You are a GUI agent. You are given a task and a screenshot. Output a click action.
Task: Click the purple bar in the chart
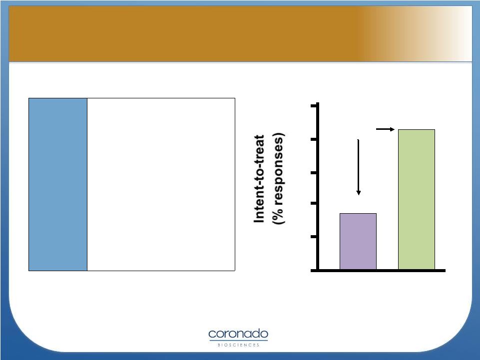(x=358, y=241)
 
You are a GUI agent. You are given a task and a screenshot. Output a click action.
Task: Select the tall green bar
(x=417, y=199)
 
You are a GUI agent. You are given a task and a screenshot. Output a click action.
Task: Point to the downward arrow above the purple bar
(x=358, y=167)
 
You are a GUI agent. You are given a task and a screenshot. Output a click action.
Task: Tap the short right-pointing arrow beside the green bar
(x=385, y=129)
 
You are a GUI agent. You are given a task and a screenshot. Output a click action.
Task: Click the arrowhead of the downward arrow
(x=358, y=193)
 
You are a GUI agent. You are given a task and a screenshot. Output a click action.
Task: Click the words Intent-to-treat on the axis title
(x=259, y=179)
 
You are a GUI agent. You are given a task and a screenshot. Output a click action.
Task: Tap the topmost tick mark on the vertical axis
(x=314, y=106)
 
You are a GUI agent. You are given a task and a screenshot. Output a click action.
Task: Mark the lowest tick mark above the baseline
(x=314, y=237)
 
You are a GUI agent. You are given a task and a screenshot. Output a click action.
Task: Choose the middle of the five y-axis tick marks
(x=314, y=173)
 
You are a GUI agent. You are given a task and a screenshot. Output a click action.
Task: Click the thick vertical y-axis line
(x=318, y=187)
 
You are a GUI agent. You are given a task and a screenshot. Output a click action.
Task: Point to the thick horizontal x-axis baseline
(x=378, y=271)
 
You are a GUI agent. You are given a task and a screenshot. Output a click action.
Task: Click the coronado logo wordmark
(x=238, y=334)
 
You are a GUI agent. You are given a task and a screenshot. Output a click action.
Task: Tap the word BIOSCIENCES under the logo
(x=238, y=345)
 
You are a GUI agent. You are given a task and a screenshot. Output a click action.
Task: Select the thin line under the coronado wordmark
(x=238, y=340)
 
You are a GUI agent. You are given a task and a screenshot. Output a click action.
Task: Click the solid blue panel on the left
(x=58, y=184)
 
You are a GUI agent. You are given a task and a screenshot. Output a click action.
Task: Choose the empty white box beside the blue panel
(x=161, y=184)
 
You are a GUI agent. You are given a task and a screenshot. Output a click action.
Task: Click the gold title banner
(x=240, y=33)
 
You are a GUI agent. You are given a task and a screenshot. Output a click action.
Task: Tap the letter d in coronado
(x=257, y=334)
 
